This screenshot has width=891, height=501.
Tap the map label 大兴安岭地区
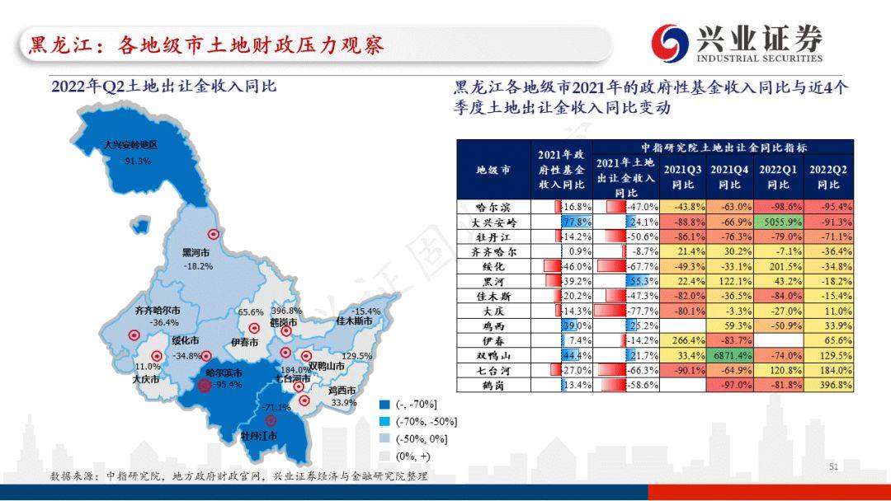click(x=130, y=145)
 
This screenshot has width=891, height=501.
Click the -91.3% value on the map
click(x=136, y=162)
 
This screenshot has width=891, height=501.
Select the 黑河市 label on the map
click(x=196, y=252)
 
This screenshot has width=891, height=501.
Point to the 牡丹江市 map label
click(x=259, y=436)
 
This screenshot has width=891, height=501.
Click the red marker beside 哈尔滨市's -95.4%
click(x=204, y=386)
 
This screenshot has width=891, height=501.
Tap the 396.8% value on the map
click(x=286, y=311)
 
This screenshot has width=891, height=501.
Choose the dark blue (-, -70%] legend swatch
click(x=384, y=405)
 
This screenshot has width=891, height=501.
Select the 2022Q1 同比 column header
click(x=778, y=176)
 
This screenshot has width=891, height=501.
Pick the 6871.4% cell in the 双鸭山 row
click(x=730, y=356)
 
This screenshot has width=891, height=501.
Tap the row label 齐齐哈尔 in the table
click(x=494, y=251)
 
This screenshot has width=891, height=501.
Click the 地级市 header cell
click(x=493, y=169)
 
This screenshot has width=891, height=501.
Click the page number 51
click(x=833, y=466)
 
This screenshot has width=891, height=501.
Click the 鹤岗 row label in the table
click(x=493, y=386)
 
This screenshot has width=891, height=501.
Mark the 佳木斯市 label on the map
click(x=354, y=321)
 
